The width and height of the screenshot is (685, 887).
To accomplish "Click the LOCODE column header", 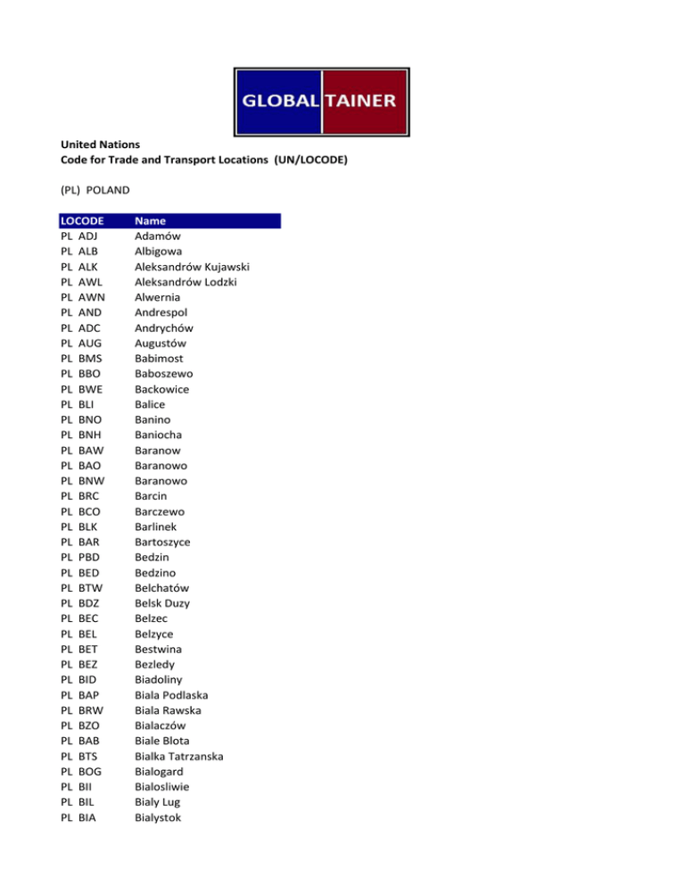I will pyautogui.click(x=83, y=220).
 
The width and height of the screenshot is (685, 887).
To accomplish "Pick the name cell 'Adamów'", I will pyautogui.click(x=157, y=236).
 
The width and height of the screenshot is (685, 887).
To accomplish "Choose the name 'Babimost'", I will pyautogui.click(x=159, y=358).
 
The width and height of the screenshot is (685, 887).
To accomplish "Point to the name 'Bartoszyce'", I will pyautogui.click(x=162, y=542).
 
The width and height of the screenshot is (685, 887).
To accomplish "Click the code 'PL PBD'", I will pyautogui.click(x=80, y=557).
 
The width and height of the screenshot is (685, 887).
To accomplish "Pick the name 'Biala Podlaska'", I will pyautogui.click(x=173, y=694).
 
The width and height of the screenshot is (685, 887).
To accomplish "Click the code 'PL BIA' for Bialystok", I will pyautogui.click(x=78, y=817).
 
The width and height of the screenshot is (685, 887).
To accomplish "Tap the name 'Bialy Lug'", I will pyautogui.click(x=159, y=801).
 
